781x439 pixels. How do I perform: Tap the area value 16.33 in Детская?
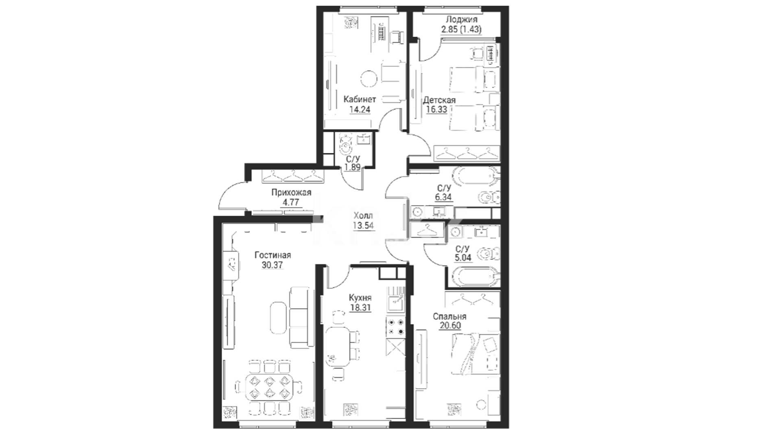[x=436, y=109]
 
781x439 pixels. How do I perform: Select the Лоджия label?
[x=462, y=20]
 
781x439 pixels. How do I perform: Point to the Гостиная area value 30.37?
[x=273, y=265]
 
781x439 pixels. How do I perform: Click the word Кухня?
[x=360, y=298]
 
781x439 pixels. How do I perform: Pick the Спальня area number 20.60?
[x=450, y=326]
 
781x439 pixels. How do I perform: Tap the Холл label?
[x=363, y=216]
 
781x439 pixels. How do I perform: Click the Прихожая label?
[x=291, y=193]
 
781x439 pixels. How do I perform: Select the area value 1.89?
[x=352, y=167]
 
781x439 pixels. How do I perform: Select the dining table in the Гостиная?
[x=268, y=387]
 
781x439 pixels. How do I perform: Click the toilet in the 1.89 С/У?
[x=346, y=146]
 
